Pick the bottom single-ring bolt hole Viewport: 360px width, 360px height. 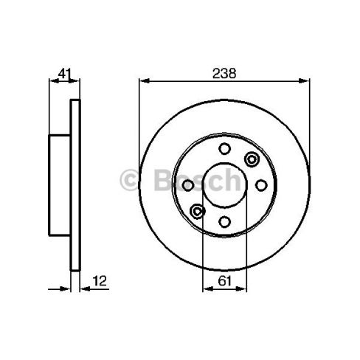coord(224,221)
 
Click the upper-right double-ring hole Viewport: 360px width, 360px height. coord(253,158)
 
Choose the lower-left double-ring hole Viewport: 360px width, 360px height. coord(196,212)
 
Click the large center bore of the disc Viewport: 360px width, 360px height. coord(224,186)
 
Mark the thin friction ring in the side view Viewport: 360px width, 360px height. coord(75,184)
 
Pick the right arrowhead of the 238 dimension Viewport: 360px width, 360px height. coord(307,80)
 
